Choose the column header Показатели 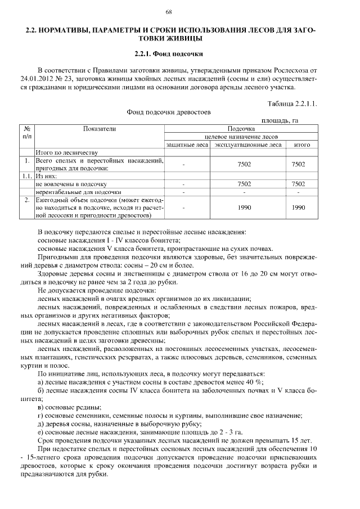tap(99, 129)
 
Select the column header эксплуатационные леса tap(248, 145)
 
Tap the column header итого tap(298, 145)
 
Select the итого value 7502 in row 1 tap(298, 164)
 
